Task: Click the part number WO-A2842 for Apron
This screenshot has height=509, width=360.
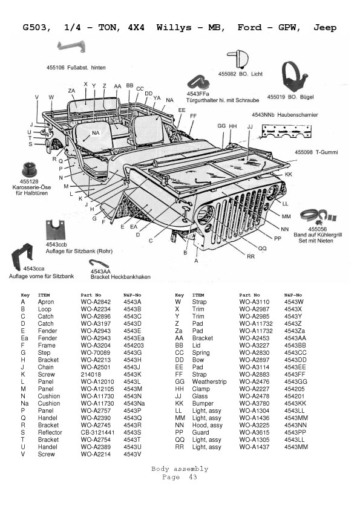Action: (96, 302)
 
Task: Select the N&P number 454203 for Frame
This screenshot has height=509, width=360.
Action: (134, 345)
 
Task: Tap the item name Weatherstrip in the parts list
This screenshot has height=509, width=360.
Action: (209, 382)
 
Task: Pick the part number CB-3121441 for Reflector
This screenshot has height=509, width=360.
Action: (97, 432)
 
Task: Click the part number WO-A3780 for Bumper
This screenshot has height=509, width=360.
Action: (254, 403)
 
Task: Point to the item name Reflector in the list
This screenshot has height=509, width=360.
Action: (50, 432)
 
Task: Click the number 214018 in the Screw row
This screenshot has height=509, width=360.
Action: (91, 374)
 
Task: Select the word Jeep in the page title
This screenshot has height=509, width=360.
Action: (325, 28)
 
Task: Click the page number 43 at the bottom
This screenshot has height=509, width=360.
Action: (193, 477)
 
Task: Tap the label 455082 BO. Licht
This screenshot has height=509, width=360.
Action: (240, 74)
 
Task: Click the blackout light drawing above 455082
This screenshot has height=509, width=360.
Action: (238, 59)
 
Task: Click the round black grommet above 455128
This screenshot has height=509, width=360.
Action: (30, 169)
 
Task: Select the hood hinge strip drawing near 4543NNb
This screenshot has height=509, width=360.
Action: (287, 131)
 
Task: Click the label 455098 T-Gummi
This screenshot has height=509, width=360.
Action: (316, 152)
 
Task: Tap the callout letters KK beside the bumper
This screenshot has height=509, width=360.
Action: (289, 174)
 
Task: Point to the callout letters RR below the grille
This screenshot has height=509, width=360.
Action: (251, 256)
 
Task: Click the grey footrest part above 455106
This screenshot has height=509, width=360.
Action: (71, 47)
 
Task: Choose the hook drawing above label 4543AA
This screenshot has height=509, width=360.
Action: (99, 263)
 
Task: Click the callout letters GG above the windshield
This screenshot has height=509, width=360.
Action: (221, 126)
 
